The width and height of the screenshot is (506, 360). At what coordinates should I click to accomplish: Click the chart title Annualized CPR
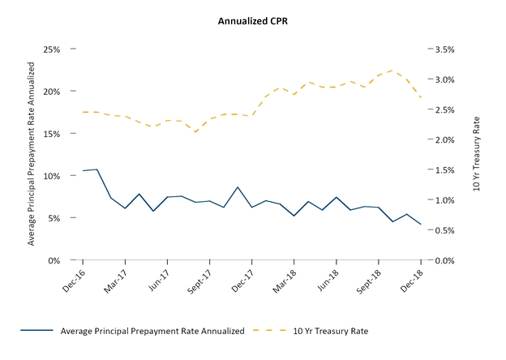pos(252,21)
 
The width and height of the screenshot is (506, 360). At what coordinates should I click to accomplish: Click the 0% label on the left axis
pos(53,260)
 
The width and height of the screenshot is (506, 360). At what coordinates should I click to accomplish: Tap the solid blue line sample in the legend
pos(33,331)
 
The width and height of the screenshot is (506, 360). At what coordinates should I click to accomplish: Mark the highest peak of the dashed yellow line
pos(392,71)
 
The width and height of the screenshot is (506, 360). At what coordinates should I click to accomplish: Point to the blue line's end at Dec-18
pos(420,225)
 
